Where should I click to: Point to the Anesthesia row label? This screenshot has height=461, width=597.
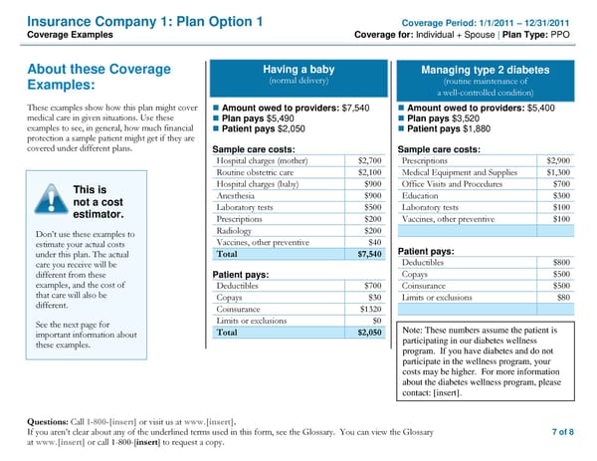click(237, 196)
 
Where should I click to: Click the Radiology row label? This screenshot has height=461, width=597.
click(235, 231)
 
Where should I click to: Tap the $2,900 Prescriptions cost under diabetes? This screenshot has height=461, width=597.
click(557, 159)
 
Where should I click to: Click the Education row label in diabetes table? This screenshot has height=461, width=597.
click(420, 196)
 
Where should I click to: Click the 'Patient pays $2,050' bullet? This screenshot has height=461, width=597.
click(257, 128)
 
